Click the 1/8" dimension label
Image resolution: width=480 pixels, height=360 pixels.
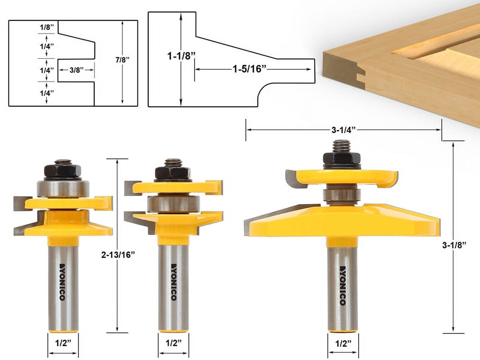tap(47, 27)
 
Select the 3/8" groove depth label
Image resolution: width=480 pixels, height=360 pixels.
tap(76, 70)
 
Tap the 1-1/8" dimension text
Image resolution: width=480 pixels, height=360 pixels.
tap(181, 55)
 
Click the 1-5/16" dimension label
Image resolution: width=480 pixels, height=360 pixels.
tap(250, 69)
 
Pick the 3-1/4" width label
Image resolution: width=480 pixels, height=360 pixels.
tap(343, 130)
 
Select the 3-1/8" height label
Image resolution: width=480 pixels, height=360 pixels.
tap(454, 245)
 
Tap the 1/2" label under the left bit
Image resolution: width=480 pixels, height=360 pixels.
tap(63, 343)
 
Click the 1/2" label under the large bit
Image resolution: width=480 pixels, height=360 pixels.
tap(343, 343)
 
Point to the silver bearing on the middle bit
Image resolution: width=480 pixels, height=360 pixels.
tap(173, 204)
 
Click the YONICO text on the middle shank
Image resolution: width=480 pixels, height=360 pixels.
tap(173, 282)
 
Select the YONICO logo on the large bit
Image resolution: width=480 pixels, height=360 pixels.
tap(343, 285)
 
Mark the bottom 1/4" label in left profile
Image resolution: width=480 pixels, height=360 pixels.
tap(47, 93)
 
